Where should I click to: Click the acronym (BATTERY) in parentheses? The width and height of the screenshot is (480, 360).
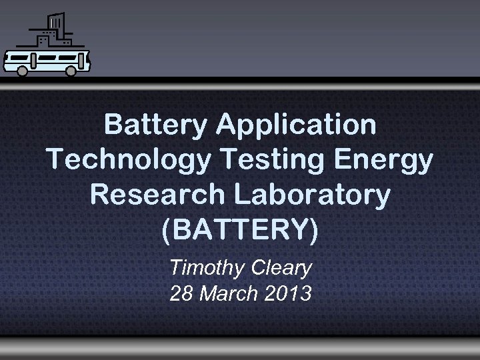240,229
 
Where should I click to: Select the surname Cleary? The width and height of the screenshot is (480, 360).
281,268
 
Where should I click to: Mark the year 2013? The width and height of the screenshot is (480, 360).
287,293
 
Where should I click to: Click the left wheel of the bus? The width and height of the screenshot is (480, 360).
23,71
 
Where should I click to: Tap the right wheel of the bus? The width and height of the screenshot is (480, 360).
71,71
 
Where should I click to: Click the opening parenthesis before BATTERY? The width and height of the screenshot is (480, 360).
167,229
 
